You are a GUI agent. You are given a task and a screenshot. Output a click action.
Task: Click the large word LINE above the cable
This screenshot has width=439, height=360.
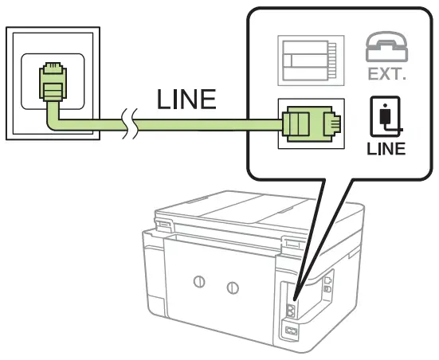pos(186,100)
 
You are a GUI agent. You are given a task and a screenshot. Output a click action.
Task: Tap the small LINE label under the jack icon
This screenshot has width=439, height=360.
pos(386,149)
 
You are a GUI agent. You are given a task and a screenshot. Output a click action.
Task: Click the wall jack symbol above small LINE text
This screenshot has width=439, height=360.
pos(386,119)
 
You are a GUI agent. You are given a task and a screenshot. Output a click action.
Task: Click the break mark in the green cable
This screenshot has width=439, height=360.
pos(129,124)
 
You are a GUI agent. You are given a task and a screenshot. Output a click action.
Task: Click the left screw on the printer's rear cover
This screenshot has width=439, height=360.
pos(200,284)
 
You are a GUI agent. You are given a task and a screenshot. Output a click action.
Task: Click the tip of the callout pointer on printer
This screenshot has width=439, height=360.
pos(299,295)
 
